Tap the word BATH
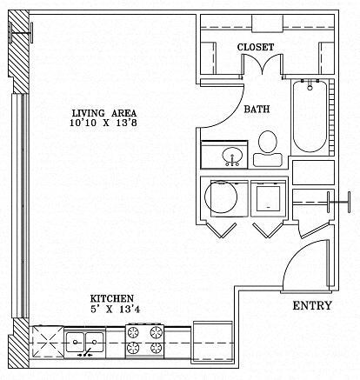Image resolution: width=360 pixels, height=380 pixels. point(256,110)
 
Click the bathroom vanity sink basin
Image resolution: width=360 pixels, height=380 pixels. point(231,157)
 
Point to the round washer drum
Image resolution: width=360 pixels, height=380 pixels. point(220,197)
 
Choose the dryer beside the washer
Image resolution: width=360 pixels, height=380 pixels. point(268,197)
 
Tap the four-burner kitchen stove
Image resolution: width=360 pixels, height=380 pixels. point(146,340)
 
